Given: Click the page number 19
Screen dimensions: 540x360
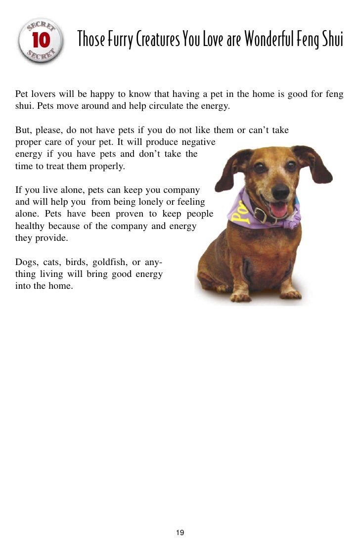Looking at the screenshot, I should click(180, 532).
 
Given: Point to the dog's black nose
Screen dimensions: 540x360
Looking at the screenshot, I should click(280, 190).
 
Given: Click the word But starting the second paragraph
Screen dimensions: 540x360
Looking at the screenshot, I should click(23, 131).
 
